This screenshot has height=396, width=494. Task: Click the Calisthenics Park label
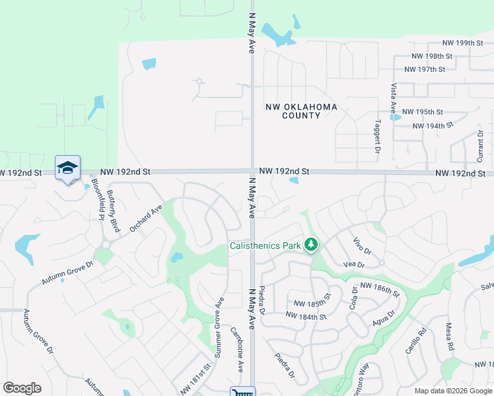click(x=265, y=246)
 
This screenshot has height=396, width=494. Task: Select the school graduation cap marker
click(x=67, y=168)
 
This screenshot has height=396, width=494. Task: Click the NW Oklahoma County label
click(x=301, y=111)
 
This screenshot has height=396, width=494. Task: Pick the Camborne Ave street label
click(x=237, y=348)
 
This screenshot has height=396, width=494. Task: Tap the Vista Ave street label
click(x=393, y=96)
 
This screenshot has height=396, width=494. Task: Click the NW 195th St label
click(x=422, y=112)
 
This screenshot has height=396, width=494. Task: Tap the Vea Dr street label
click(x=354, y=264)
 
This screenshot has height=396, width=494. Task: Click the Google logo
click(x=22, y=388)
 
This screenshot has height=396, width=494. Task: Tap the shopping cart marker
click(x=242, y=391)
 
